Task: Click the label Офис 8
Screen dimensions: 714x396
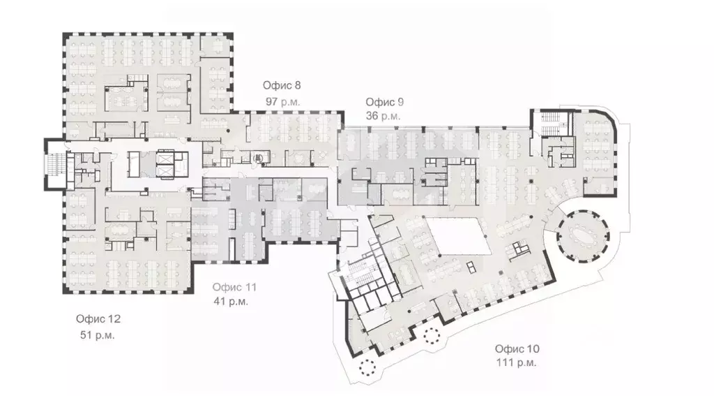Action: [282, 85]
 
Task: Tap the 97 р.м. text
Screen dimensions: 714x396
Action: [282, 102]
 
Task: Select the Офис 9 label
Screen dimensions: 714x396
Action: [384, 102]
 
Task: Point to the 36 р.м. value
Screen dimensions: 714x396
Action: [383, 117]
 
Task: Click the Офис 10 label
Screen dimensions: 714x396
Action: [517, 349]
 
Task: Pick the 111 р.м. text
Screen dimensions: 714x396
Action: [517, 363]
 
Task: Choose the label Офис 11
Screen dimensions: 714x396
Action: [234, 288]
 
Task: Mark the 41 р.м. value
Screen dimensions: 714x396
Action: [231, 302]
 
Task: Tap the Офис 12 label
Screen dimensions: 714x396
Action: [98, 319]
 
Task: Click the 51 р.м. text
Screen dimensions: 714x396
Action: [98, 335]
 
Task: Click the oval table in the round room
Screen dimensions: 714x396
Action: [582, 236]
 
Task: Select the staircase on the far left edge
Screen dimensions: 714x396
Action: [56, 165]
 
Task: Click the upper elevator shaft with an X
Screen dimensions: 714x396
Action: [165, 157]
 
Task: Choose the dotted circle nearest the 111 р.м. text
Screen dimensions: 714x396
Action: [431, 335]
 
